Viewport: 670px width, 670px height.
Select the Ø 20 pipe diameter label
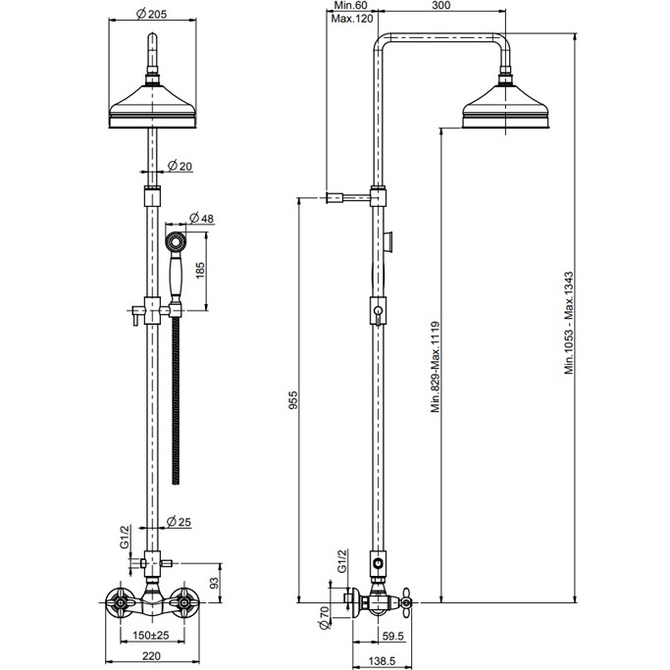[179, 166]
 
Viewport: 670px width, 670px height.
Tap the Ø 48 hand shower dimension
[200, 217]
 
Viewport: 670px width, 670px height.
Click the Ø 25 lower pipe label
[179, 520]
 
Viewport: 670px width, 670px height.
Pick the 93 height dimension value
[214, 585]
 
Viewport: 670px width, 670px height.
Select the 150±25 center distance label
[150, 636]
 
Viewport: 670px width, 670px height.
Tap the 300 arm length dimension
[441, 6]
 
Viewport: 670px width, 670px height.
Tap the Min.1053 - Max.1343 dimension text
[568, 324]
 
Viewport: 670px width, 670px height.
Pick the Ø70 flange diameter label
[324, 617]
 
